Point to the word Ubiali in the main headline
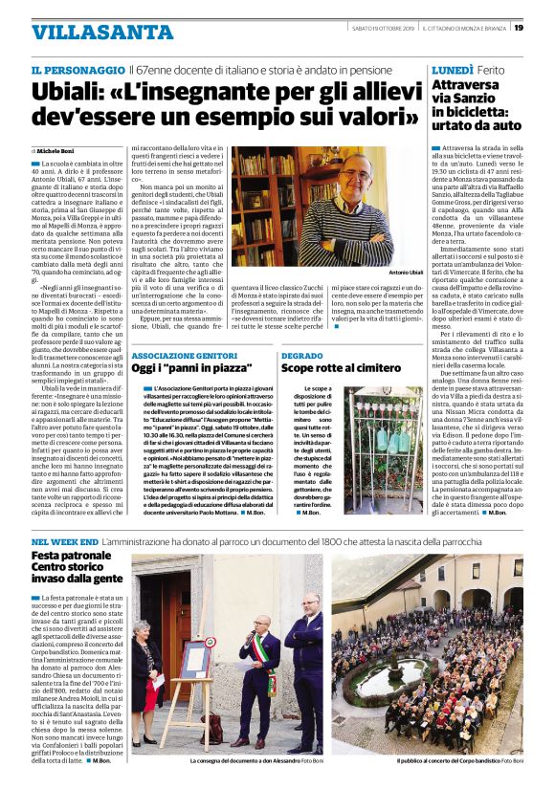(x=68, y=94)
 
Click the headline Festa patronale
(x=72, y=556)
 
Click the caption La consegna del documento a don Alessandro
(x=244, y=760)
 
